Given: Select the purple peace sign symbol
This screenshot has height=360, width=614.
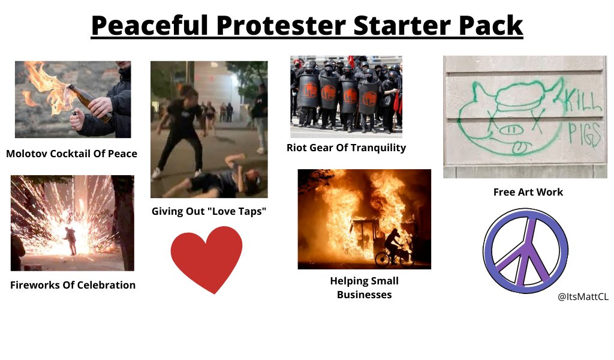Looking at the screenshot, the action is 525,251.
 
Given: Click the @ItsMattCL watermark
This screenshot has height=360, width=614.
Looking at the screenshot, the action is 583,296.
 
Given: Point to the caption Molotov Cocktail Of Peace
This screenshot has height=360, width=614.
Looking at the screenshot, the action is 72,154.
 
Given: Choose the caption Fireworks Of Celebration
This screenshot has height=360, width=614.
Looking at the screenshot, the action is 73,285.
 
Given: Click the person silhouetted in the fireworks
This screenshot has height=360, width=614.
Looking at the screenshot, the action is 71,240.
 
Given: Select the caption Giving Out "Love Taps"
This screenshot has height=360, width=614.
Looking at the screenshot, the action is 209,211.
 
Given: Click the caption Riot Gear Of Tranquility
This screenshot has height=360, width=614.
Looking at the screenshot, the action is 346,148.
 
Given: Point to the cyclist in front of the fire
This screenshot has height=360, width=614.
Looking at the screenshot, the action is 393,248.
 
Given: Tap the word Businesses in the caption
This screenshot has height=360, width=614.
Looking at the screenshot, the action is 364,295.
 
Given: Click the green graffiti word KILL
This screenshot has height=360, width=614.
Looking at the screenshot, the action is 582,99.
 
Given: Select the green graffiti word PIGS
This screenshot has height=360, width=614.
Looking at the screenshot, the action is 584,134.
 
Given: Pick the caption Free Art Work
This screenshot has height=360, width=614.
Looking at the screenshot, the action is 528,192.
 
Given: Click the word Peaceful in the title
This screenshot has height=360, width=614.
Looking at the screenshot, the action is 149,25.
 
